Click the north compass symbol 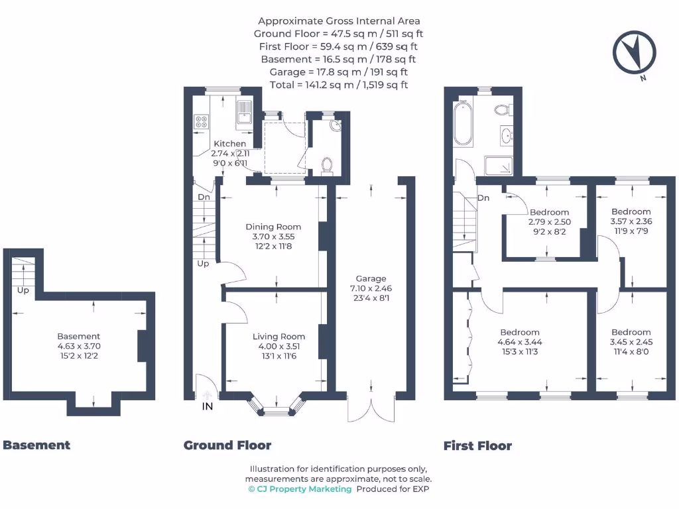click(x=634, y=52)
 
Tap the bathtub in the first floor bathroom click(x=462, y=123)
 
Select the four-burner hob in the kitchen click(x=201, y=121)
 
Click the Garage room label click(x=371, y=279)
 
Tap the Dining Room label click(x=273, y=227)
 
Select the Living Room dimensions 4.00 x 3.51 click(x=279, y=346)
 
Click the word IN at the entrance click(x=208, y=406)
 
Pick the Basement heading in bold click(x=36, y=445)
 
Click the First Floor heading click(x=477, y=446)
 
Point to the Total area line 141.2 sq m click(x=339, y=85)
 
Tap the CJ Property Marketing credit click(x=300, y=489)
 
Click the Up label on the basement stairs click(x=23, y=290)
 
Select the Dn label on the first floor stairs click(x=483, y=198)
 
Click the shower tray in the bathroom click(x=499, y=166)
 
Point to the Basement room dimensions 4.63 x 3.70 click(x=79, y=346)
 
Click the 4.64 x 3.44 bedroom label click(x=520, y=342)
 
